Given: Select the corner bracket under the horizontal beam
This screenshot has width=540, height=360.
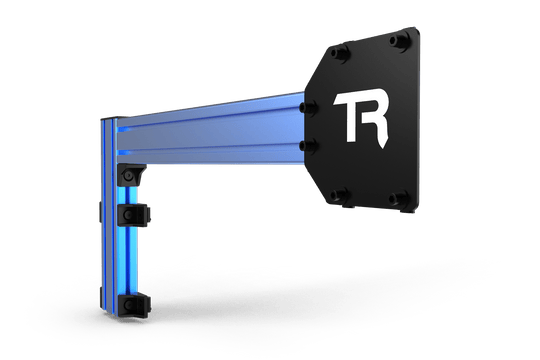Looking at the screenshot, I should pyautogui.click(x=130, y=174).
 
